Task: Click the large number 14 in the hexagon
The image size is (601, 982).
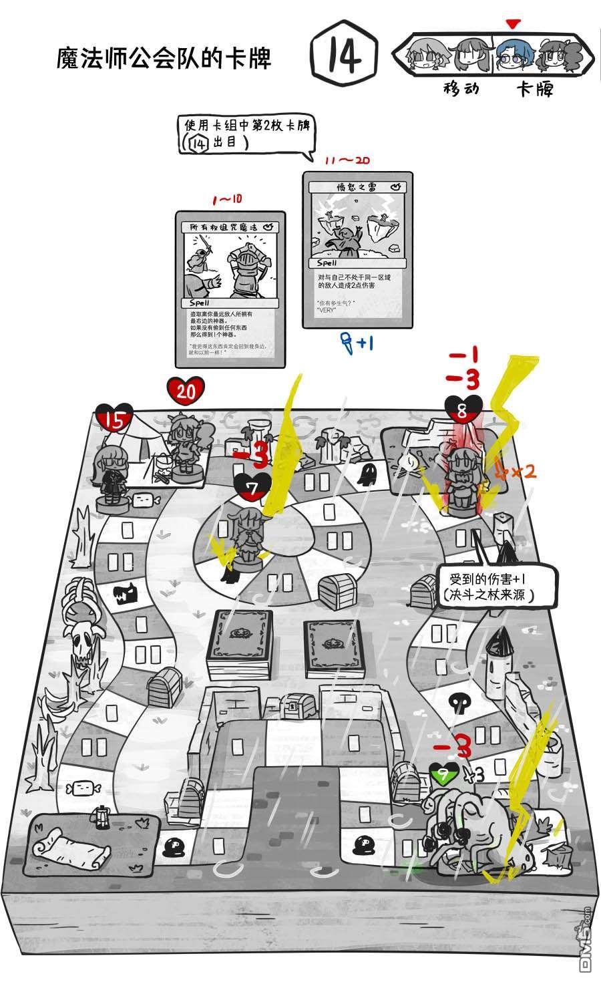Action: pyautogui.click(x=345, y=56)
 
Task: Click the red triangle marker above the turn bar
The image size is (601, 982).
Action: pyautogui.click(x=512, y=25)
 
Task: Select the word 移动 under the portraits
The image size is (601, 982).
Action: pyautogui.click(x=461, y=88)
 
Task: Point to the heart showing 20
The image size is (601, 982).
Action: pyautogui.click(x=186, y=391)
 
